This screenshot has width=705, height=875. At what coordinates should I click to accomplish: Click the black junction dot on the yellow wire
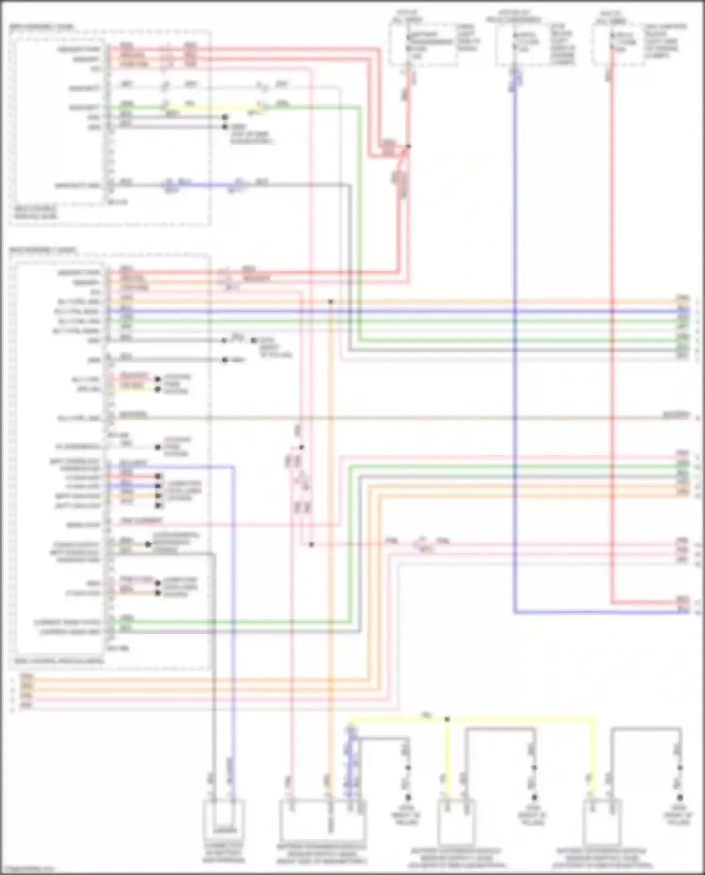[447, 719]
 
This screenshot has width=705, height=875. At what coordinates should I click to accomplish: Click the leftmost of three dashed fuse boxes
[423, 45]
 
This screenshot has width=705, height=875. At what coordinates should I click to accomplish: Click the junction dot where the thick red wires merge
[408, 147]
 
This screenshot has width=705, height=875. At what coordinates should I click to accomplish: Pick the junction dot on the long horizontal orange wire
[331, 301]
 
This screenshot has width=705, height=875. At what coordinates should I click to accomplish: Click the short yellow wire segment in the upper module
[211, 107]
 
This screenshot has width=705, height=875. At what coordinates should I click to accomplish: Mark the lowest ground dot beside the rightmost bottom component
[680, 797]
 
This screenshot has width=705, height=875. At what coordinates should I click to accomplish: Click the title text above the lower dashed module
[42, 250]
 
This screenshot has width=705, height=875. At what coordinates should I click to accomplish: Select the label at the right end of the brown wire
[676, 415]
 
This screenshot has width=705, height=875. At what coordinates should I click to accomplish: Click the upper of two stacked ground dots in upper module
[225, 117]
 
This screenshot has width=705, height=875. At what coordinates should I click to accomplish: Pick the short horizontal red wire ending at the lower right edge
[644, 602]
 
